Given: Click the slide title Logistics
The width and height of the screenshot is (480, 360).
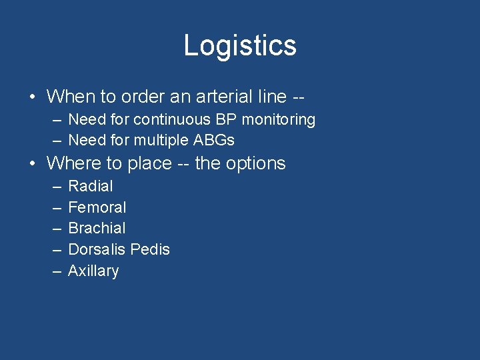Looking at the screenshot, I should [x=240, y=45].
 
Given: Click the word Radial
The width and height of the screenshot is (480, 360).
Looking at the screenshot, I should [x=91, y=186].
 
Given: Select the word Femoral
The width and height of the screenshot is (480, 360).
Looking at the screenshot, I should [x=97, y=207].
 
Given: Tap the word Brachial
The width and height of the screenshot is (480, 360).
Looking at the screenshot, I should [x=97, y=228].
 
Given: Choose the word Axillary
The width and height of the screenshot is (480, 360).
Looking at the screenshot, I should [x=93, y=271].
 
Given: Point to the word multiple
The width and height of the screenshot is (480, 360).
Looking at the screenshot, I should [x=158, y=140].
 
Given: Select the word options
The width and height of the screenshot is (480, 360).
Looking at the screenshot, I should [x=255, y=163].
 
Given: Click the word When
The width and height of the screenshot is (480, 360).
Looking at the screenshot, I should [x=71, y=96].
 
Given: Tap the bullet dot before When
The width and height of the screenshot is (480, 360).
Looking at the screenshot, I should [x=33, y=97].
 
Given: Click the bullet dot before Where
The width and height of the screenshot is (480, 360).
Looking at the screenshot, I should [x=33, y=164].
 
